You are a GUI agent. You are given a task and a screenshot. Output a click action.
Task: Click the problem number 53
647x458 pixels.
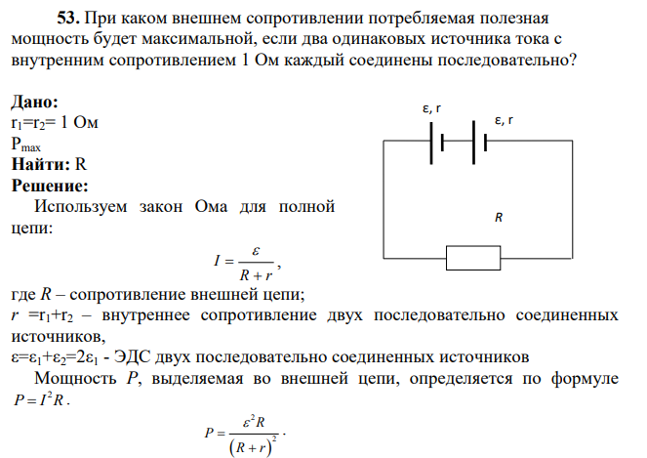coord(68,19)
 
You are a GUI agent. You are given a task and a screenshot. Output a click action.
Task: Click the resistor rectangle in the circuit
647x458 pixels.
coord(473,258)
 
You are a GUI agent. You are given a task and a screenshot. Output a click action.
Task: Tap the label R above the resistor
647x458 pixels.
coord(499,217)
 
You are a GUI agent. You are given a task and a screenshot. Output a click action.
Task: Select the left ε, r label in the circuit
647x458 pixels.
coord(431,108)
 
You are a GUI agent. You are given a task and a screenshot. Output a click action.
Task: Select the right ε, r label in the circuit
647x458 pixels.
coord(504,120)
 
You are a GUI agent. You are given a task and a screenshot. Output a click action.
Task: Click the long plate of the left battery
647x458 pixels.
coord(431,143)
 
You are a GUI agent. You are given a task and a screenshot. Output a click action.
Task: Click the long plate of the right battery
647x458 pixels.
coord(473,143)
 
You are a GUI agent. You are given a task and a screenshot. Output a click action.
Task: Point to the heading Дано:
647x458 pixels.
coord(35,102)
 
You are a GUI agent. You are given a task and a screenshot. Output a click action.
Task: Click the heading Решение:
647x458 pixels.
coord(50,186)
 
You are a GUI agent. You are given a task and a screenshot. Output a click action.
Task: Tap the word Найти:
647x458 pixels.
coord(41,164)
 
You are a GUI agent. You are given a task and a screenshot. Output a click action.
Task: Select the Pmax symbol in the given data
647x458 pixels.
coord(26,145)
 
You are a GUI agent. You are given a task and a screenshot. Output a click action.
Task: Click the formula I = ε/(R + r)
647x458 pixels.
coord(247,263)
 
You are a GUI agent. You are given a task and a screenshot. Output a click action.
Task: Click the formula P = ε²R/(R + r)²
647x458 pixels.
coord(246,437)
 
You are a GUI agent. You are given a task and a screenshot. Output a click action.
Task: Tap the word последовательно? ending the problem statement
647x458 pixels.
coord(506,61)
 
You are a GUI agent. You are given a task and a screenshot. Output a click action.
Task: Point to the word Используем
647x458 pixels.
coord(80,206)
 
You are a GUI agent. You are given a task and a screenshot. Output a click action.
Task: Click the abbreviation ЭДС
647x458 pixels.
coord(132,356)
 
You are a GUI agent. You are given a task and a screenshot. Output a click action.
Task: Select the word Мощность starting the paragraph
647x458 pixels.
coord(75,378)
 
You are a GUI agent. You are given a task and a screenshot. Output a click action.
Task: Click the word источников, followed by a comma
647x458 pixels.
coord(59,336)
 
